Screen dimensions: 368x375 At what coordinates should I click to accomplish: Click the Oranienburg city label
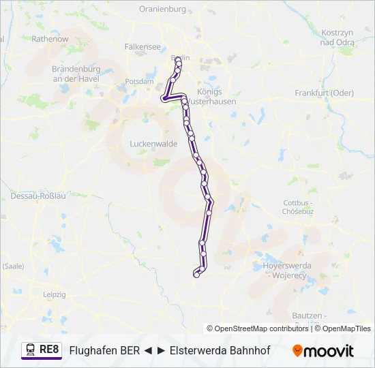pos(162,9)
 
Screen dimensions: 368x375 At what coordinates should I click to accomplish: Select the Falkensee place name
pos(142,47)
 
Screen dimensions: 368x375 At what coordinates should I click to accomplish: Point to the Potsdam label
pos(140,81)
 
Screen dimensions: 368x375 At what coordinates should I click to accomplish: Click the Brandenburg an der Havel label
pos(76,74)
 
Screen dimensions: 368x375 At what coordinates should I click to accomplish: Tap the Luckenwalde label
pos(153,144)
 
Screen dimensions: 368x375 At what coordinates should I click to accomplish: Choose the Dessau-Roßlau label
pos(37,196)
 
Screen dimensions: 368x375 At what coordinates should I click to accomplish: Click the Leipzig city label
pos(54,294)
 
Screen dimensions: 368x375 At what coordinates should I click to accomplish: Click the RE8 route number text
pos(49,350)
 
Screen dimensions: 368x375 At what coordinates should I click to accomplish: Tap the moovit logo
pos(323,350)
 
